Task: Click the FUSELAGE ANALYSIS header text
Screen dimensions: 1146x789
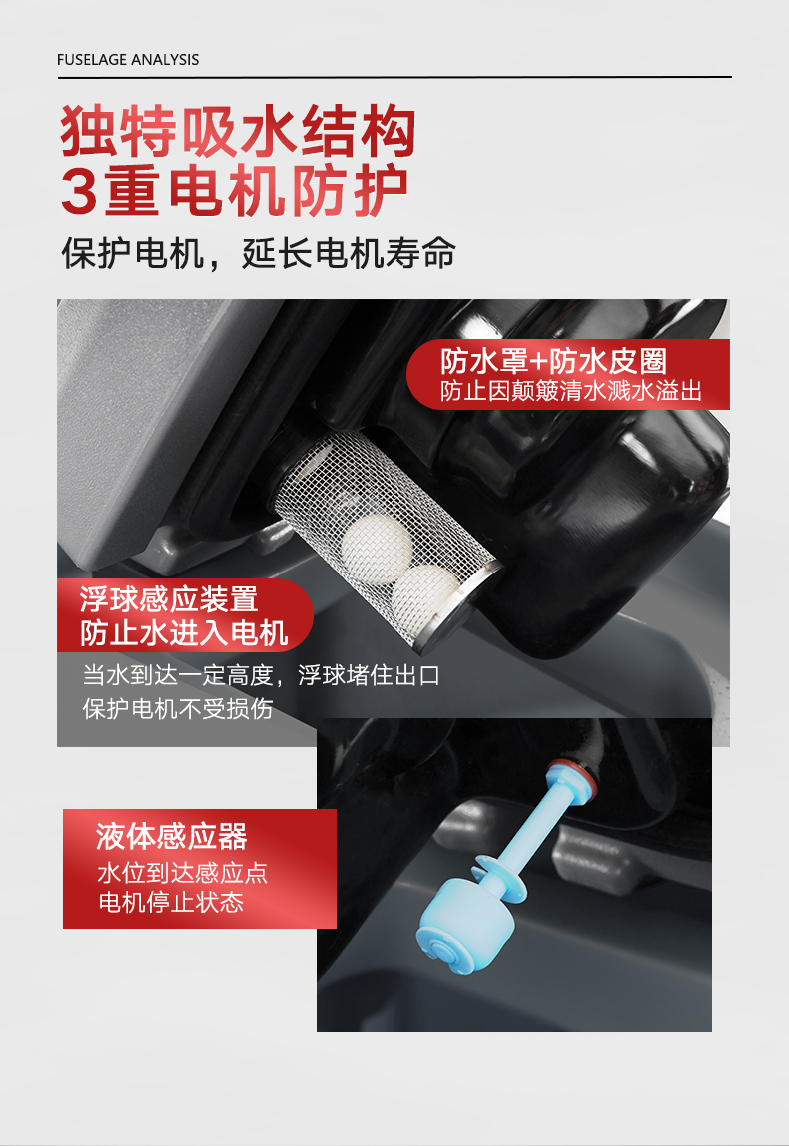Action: coord(128,60)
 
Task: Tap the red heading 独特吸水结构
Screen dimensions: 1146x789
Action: coord(238,131)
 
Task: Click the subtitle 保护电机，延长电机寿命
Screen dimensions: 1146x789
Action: coord(259,254)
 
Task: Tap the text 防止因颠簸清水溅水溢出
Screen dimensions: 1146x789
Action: coord(570,391)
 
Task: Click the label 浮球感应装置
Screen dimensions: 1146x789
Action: coord(169,599)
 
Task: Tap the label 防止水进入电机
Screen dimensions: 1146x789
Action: coord(184,633)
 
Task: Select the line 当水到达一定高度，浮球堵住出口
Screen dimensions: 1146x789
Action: coord(261,675)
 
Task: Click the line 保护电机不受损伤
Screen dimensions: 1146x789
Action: coord(177,709)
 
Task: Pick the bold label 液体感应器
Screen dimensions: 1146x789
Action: coord(171,836)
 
